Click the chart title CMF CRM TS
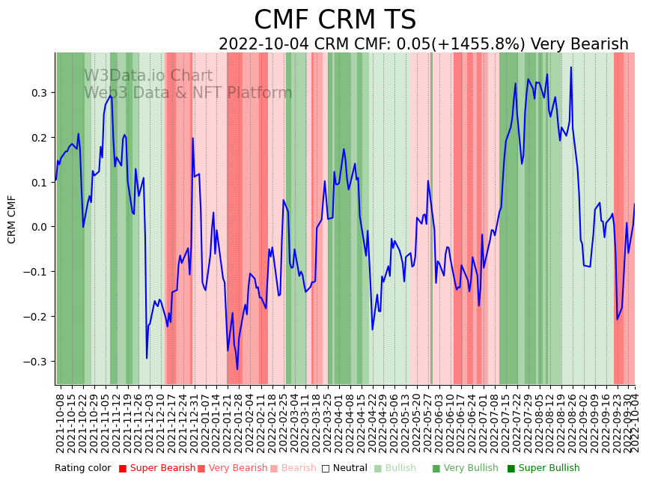point(335,20)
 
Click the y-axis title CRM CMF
point(12,219)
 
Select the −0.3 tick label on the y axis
point(37,362)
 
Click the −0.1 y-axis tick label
point(37,272)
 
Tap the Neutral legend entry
point(347,468)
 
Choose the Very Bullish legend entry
point(460,468)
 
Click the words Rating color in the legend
point(82,468)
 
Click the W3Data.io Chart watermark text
point(148,76)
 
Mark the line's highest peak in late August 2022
point(571,67)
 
